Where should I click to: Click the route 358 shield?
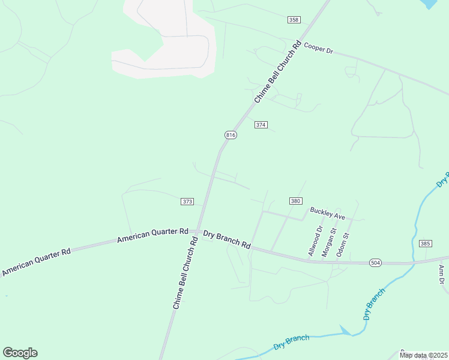(x=294, y=20)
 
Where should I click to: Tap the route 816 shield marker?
(x=231, y=135)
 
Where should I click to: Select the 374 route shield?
(x=261, y=125)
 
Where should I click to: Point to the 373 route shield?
(x=187, y=202)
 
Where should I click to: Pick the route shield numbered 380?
(x=295, y=201)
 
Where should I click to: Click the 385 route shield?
(x=426, y=244)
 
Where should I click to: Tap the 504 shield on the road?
(x=375, y=263)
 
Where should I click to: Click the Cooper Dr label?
(x=318, y=48)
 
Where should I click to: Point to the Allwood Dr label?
(x=315, y=241)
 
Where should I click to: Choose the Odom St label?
(x=342, y=242)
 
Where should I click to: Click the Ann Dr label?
(x=441, y=274)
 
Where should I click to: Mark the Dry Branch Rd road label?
(x=226, y=239)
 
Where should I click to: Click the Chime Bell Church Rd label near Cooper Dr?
(x=277, y=71)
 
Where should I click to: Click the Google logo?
(x=20, y=353)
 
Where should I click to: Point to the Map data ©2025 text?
(x=423, y=355)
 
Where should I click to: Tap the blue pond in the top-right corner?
(x=430, y=4)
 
